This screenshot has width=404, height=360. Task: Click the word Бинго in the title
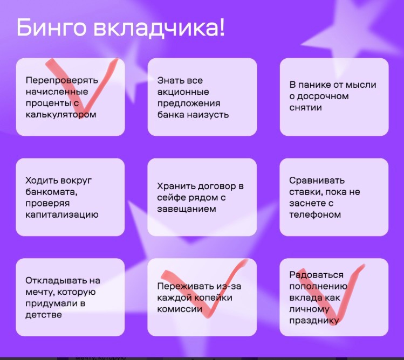51,27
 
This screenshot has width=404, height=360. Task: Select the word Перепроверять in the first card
62,81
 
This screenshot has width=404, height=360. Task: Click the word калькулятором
61,114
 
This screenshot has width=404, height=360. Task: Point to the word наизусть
208,114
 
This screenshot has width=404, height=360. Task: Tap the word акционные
183,92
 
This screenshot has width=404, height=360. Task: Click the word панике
314,85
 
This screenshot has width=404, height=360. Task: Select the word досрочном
323,96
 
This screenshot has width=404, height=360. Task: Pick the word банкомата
52,192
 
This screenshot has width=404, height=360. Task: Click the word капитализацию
62,215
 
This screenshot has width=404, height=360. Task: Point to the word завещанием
187,209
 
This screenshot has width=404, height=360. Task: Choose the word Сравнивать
317,181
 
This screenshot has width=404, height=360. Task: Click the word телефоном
315,214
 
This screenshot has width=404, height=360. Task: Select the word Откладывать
57,280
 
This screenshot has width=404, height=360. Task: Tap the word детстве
44,315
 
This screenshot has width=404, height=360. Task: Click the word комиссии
180,309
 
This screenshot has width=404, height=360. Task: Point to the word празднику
314,321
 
